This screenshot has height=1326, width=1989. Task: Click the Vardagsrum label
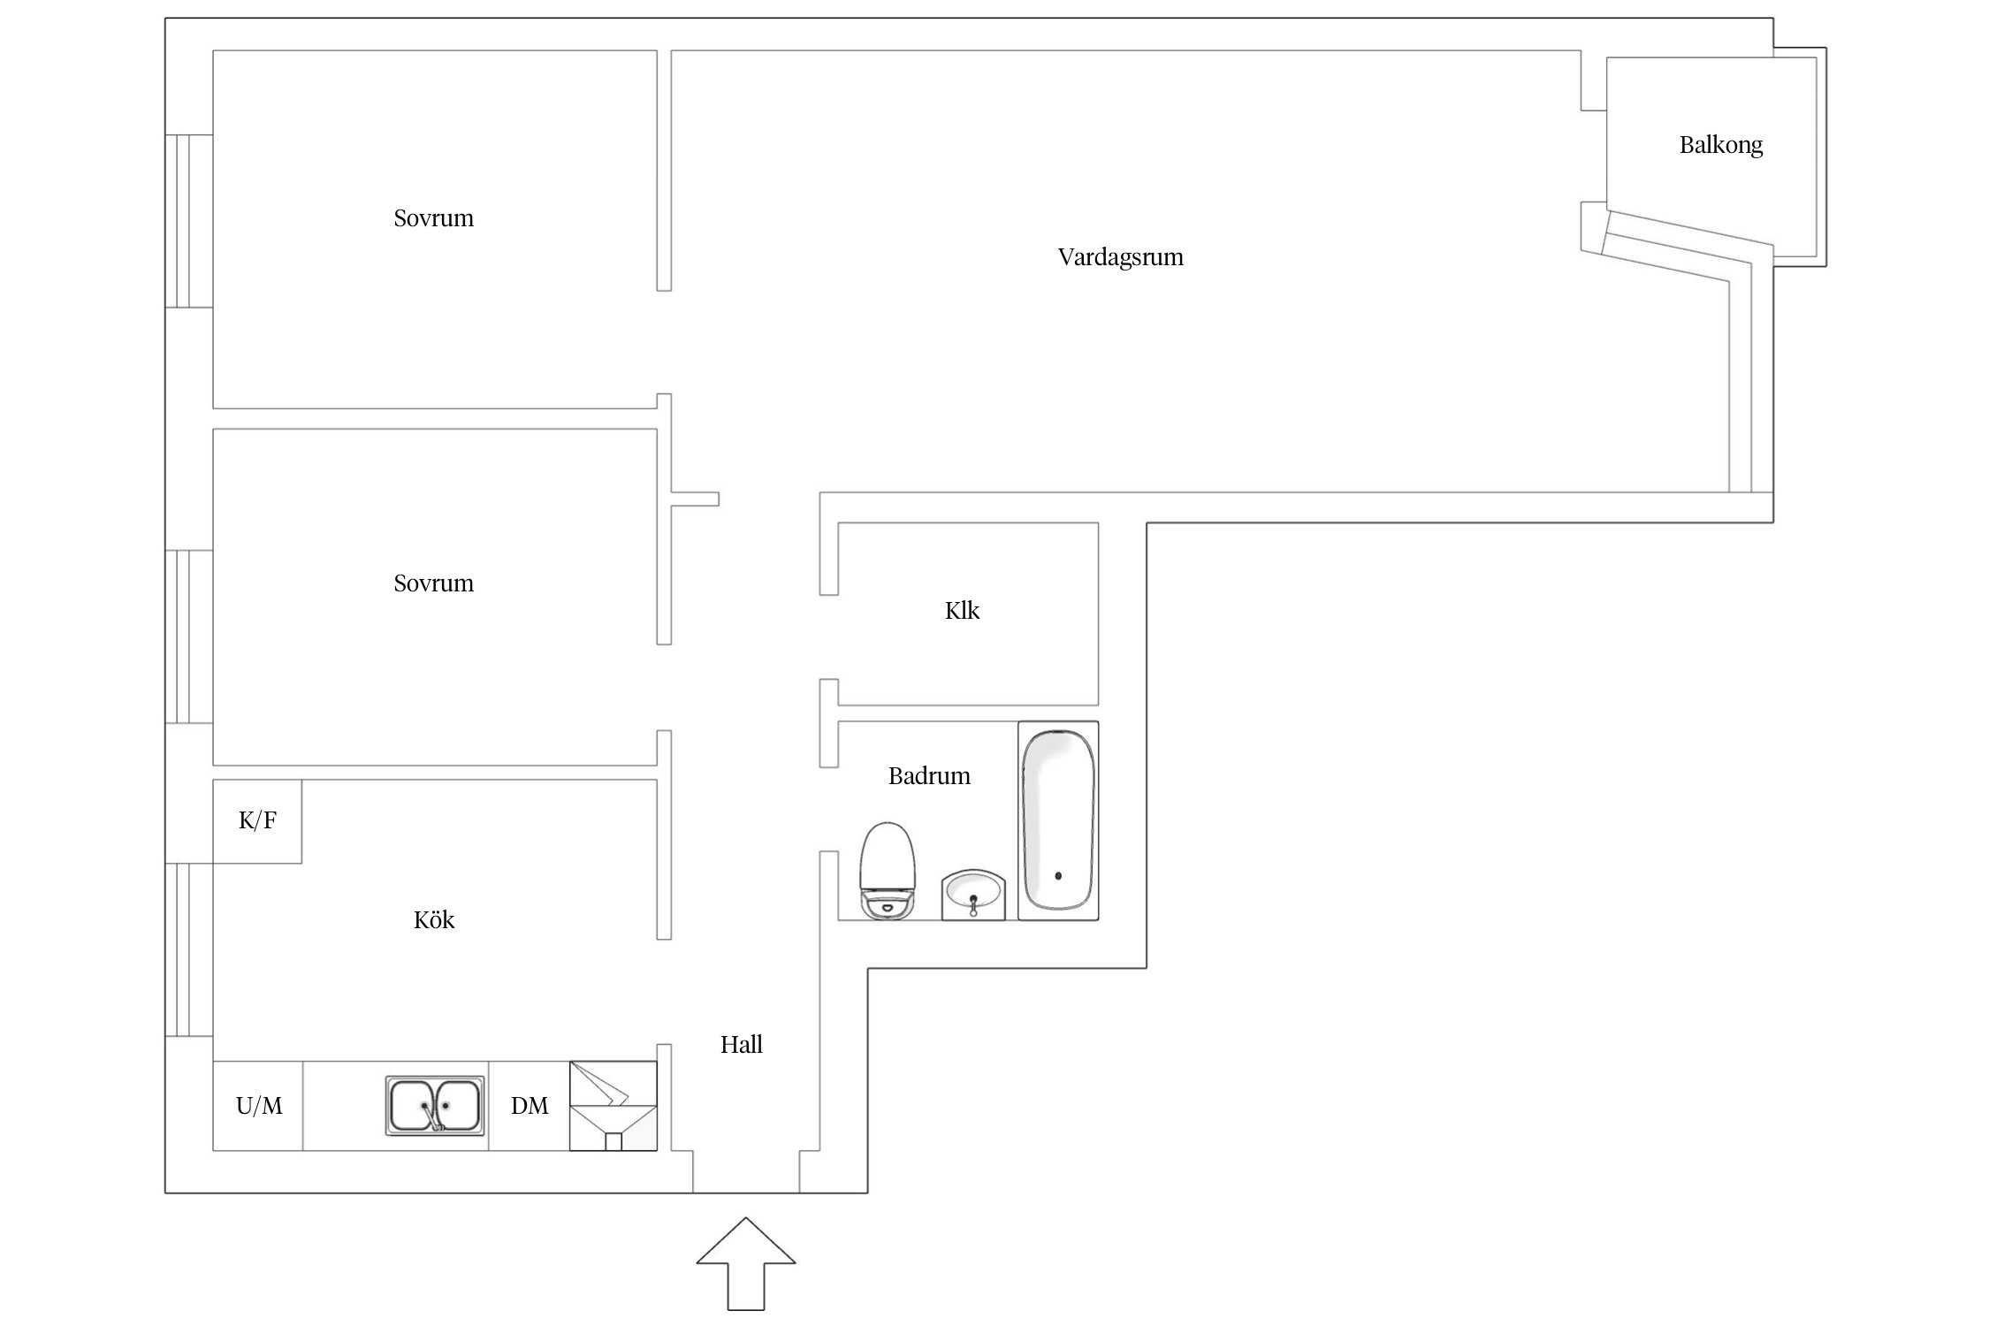tap(1120, 257)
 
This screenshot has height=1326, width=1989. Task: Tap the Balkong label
tap(1720, 145)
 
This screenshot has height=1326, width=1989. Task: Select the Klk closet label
tap(962, 611)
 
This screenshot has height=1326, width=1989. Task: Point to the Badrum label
tap(929, 776)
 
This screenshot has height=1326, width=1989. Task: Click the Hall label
tap(741, 1045)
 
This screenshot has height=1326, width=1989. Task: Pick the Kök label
tap(434, 919)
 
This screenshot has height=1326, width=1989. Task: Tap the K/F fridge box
tap(257, 821)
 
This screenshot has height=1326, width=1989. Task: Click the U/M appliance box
tap(258, 1106)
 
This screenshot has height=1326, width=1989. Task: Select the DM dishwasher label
tap(530, 1106)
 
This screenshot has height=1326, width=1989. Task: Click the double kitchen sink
tap(435, 1106)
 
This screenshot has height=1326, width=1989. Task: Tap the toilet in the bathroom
tap(888, 871)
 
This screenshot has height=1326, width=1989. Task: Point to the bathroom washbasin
tap(973, 895)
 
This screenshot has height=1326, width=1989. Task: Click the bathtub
tap(1058, 821)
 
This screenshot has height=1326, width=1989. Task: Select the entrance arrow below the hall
tap(746, 1264)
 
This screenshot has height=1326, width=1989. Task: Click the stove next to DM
tap(613, 1106)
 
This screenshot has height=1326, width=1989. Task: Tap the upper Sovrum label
tap(433, 218)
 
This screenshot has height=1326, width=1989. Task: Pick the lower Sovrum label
tap(433, 583)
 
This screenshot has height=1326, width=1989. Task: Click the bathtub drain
tap(1058, 876)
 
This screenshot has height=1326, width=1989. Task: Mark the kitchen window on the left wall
tap(189, 950)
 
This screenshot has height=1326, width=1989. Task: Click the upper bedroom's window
tap(189, 221)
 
